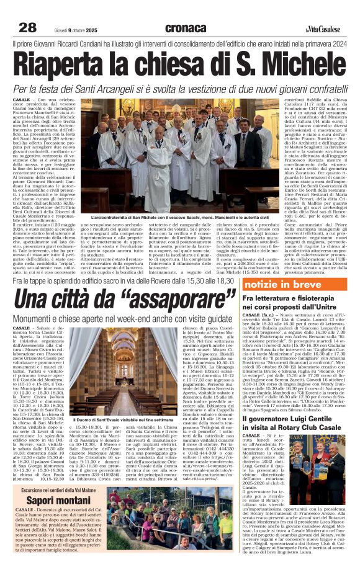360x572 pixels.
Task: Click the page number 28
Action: click(x=28, y=27)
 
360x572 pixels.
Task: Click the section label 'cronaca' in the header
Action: click(x=186, y=28)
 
